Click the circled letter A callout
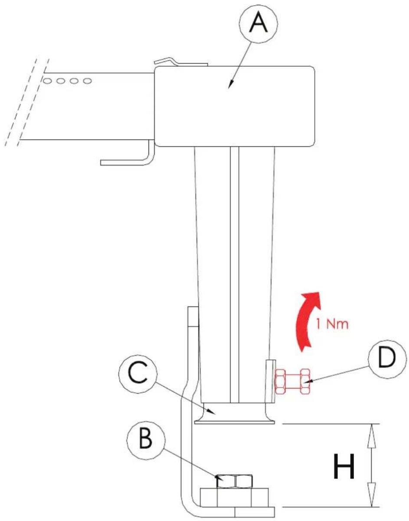(258, 24)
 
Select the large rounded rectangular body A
(235, 106)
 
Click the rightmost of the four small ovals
(87, 81)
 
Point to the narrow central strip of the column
(235, 275)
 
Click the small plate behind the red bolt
(271, 381)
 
